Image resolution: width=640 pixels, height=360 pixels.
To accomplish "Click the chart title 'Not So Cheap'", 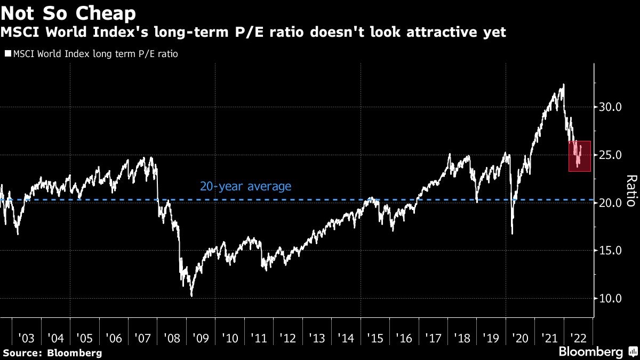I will point(68,13).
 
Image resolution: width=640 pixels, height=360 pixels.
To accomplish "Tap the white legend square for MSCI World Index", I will point(7,54).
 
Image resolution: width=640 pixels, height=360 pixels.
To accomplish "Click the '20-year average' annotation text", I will point(246,187).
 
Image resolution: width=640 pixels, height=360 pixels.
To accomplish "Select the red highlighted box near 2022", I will point(579,156).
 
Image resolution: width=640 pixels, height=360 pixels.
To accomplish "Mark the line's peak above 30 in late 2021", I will point(563,84).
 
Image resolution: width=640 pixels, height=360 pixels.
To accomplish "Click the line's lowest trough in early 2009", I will point(191,296).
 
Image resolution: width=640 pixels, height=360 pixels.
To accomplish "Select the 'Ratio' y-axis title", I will point(631,190).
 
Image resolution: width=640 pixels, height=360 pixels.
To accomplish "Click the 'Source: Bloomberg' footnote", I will point(52,353).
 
